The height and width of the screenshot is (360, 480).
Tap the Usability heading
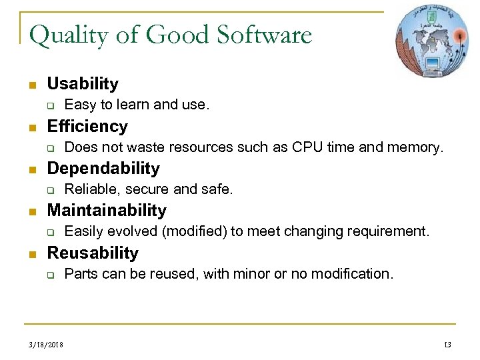click(83, 84)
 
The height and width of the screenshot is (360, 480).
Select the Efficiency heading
click(87, 126)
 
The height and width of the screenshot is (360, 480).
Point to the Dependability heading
click(103, 168)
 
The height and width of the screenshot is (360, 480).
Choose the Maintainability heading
click(107, 211)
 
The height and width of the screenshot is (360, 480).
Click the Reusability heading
click(93, 253)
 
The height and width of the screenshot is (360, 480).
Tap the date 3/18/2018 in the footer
click(46, 344)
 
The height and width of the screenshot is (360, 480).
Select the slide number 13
click(447, 344)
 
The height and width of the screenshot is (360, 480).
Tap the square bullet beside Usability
click(31, 85)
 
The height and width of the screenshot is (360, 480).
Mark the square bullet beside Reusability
click(31, 254)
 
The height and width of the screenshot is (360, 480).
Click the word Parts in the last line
click(80, 273)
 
